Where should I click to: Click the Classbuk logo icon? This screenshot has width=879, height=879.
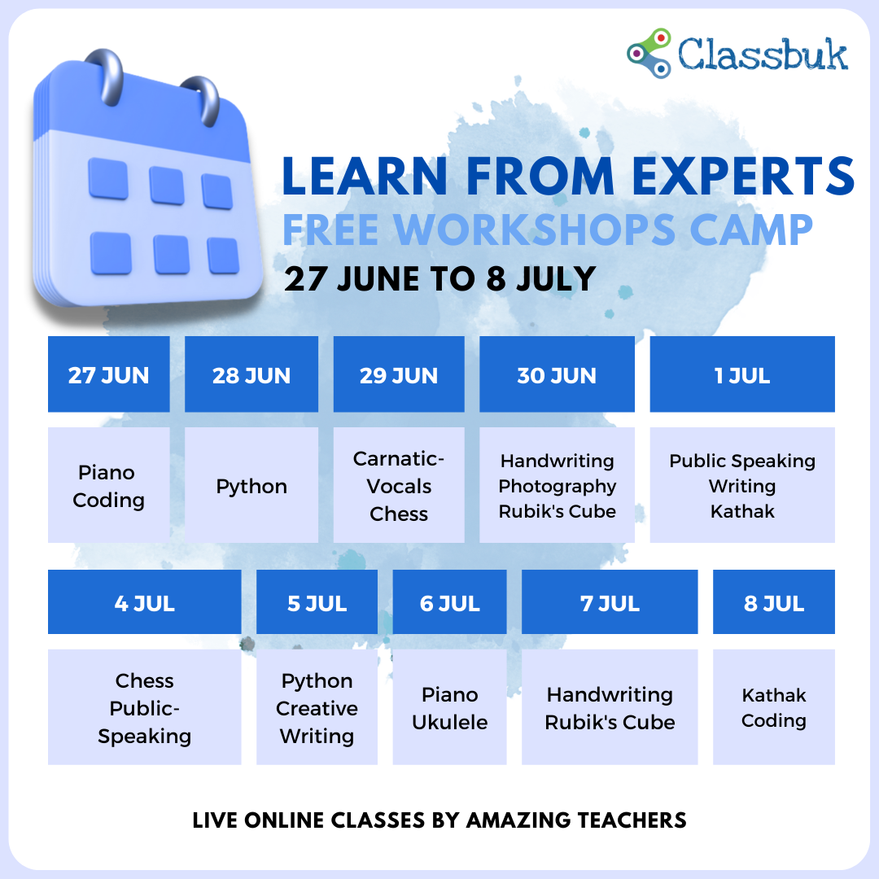point(649,53)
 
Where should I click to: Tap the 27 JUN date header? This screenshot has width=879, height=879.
point(109,374)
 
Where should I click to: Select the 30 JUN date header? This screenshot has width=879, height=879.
point(557,374)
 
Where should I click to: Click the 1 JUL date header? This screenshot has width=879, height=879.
point(742,374)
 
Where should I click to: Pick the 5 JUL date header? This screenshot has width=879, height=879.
point(317,602)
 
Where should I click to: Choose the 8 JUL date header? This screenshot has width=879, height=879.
point(774,602)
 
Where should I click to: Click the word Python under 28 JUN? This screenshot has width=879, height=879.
point(251,487)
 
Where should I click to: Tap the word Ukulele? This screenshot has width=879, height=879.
point(449,722)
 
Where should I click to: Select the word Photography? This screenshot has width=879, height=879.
point(558,487)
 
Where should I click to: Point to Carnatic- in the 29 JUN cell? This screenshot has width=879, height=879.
point(399,458)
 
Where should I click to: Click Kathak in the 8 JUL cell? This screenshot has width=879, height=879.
point(774,695)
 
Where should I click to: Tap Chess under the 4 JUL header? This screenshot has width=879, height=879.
point(145,680)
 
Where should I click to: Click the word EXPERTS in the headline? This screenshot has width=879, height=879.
point(743,176)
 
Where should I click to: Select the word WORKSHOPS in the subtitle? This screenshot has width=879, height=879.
point(534,230)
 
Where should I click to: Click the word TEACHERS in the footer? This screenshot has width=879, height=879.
point(632,820)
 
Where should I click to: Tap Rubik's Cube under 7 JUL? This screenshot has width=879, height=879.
point(610,722)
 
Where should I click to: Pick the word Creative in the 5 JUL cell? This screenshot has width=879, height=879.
point(317,709)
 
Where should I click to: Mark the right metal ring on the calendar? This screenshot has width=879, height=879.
point(203,101)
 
